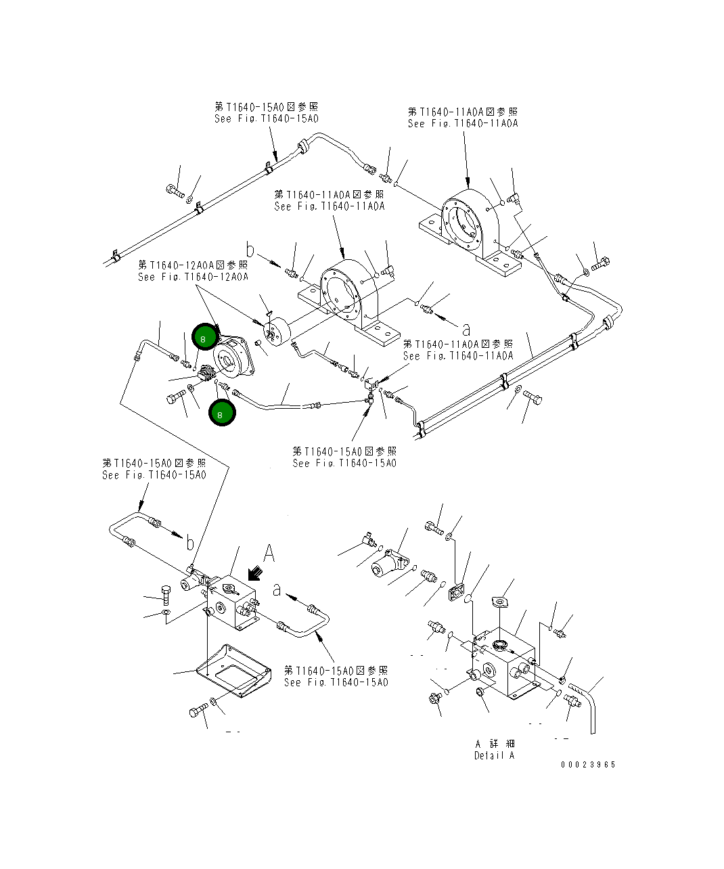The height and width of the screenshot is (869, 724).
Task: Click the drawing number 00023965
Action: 587,765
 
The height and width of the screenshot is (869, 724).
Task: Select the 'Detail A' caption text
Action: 494,755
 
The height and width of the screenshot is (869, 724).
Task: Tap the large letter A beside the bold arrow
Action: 269,553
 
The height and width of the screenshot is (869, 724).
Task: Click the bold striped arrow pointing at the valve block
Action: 256,574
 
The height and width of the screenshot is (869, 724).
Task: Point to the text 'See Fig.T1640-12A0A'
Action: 193,277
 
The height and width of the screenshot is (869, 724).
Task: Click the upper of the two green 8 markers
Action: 205,337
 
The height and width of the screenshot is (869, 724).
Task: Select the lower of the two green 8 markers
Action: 222,413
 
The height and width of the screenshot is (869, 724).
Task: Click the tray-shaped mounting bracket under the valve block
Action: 233,670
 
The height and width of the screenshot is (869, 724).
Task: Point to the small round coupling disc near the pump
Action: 276,333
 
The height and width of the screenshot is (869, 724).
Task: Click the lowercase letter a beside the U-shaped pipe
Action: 277,590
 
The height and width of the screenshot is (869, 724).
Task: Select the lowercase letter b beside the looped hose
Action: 190,543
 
